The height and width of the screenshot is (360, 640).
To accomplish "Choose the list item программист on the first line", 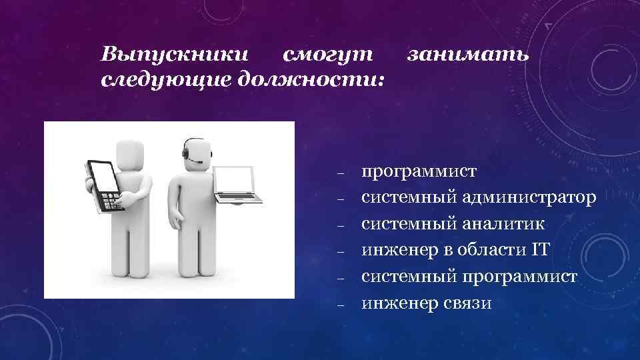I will [x=419, y=171].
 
